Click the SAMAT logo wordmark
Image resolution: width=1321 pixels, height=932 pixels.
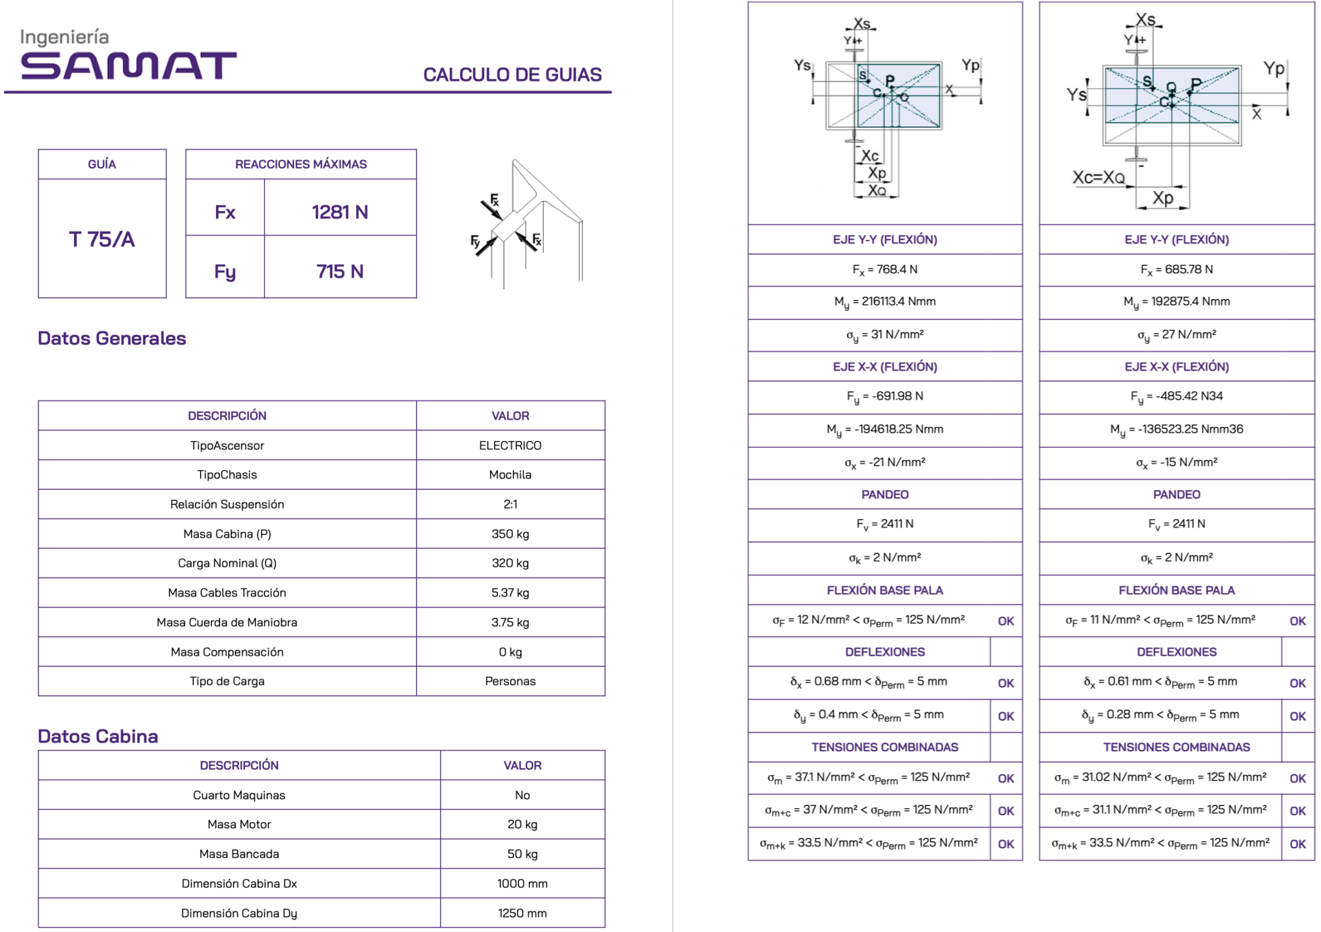coord(128,65)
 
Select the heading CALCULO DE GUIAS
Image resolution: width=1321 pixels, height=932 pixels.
coord(512,75)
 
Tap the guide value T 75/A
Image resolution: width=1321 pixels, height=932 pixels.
coord(102,239)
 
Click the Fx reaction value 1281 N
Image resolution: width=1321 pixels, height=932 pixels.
coord(340,212)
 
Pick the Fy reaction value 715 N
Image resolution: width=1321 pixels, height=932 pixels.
coord(340,272)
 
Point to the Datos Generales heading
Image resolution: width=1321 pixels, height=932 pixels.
coord(112,338)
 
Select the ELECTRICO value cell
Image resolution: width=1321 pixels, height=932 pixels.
coord(510,445)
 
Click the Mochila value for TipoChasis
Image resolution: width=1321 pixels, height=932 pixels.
coord(510,475)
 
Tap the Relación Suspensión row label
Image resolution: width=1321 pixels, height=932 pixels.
coord(227,505)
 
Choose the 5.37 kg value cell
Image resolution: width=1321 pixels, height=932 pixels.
coord(510,593)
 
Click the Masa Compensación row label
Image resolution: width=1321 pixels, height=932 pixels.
coord(227,652)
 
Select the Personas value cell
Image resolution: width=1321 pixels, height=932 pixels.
coord(510,682)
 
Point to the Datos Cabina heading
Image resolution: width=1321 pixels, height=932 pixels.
coord(98,736)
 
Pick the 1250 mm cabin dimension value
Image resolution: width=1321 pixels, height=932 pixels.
coord(522,913)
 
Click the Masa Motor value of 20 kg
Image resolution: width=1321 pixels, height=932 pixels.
coord(522,824)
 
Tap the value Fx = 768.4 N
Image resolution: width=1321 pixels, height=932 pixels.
coord(885,270)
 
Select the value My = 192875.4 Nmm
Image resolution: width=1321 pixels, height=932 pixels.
coord(1177,302)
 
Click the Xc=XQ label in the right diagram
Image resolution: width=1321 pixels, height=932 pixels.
coord(1098,177)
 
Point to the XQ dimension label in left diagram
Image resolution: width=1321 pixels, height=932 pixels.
coord(877,190)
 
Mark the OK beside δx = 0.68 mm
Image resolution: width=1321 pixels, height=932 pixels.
coord(1006,684)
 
